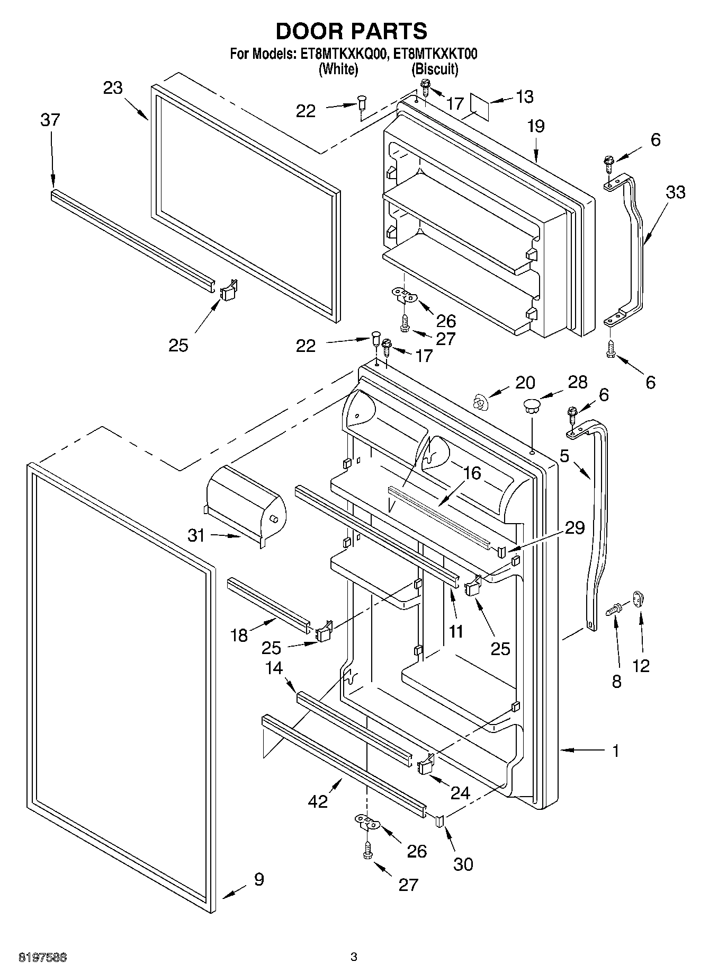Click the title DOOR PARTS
[x=352, y=31]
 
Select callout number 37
[x=50, y=120]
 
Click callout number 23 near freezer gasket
[x=113, y=87]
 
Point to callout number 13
[x=524, y=97]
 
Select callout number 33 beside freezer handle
[x=675, y=192]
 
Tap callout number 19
[x=535, y=126]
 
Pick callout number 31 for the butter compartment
[x=196, y=535]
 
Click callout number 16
[x=471, y=473]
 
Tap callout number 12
[x=641, y=666]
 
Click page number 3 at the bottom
[x=354, y=957]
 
